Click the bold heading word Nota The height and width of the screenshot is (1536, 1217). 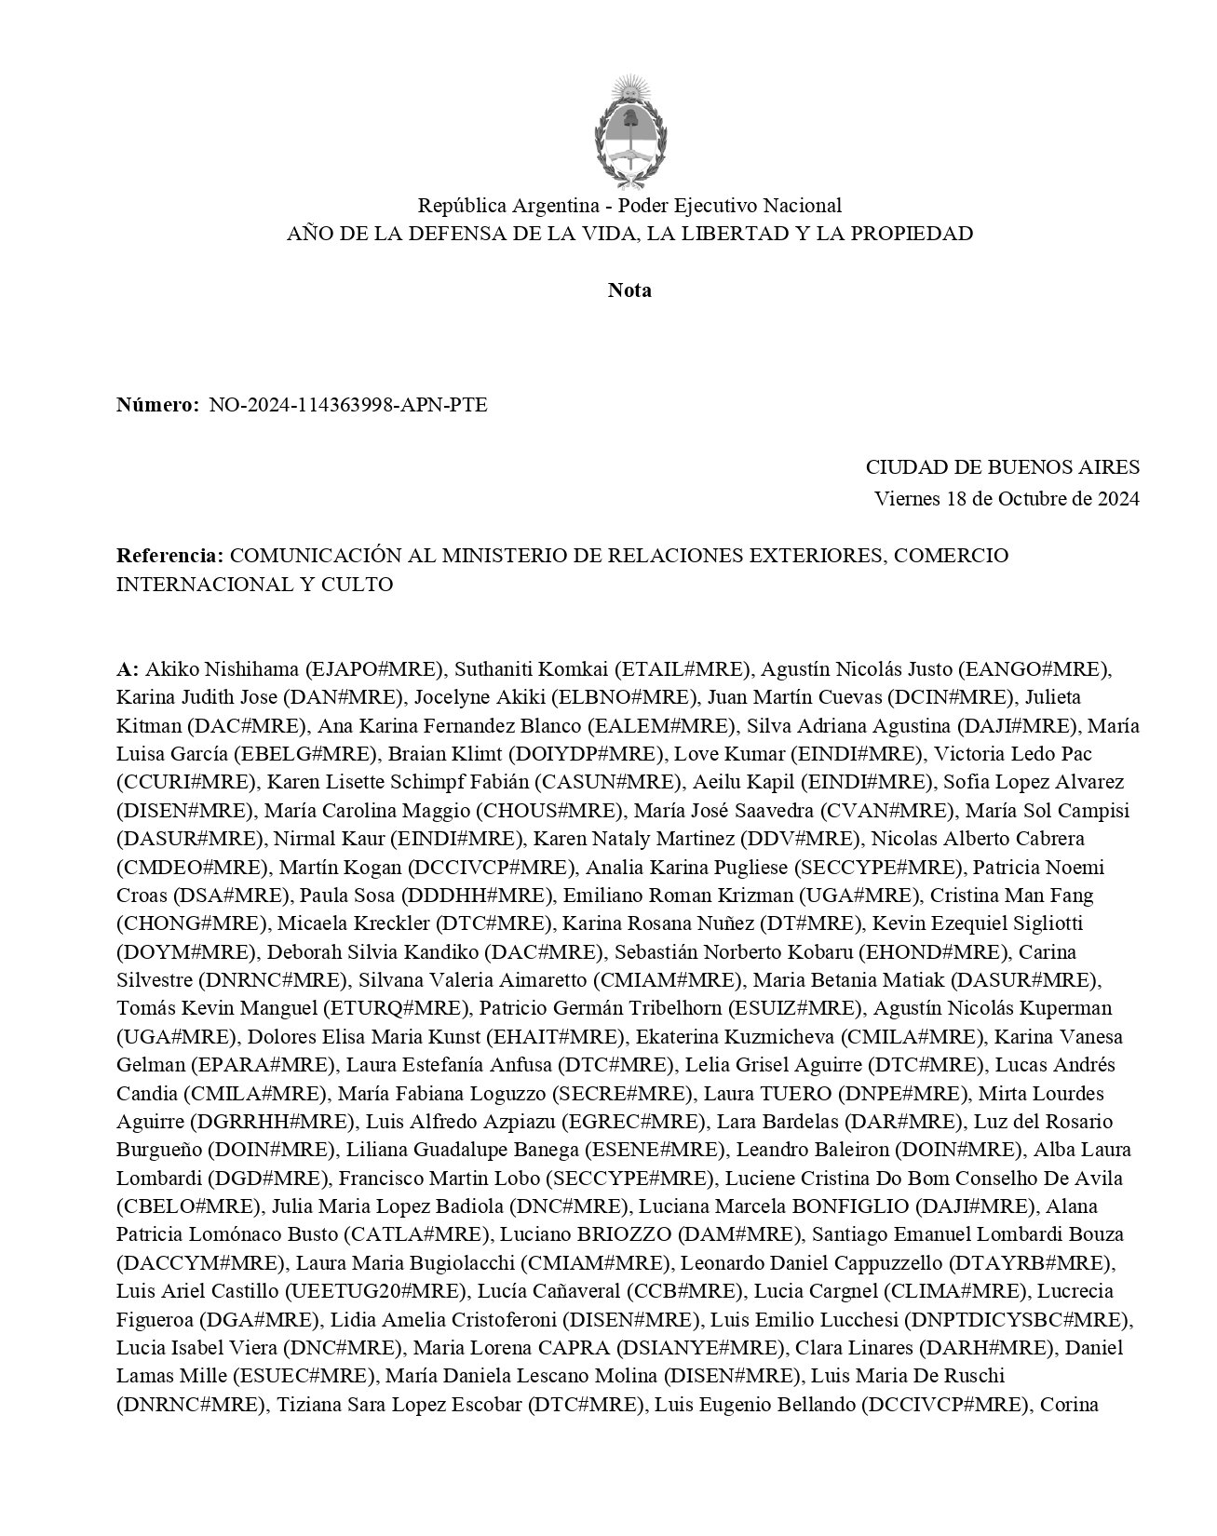629,290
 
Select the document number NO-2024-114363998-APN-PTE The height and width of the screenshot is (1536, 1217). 347,405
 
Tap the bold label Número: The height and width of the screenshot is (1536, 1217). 156,405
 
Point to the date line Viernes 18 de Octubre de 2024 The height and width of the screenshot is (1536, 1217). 1007,498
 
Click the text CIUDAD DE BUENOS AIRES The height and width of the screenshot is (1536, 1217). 1002,467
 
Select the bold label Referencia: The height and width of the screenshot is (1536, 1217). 169,556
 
